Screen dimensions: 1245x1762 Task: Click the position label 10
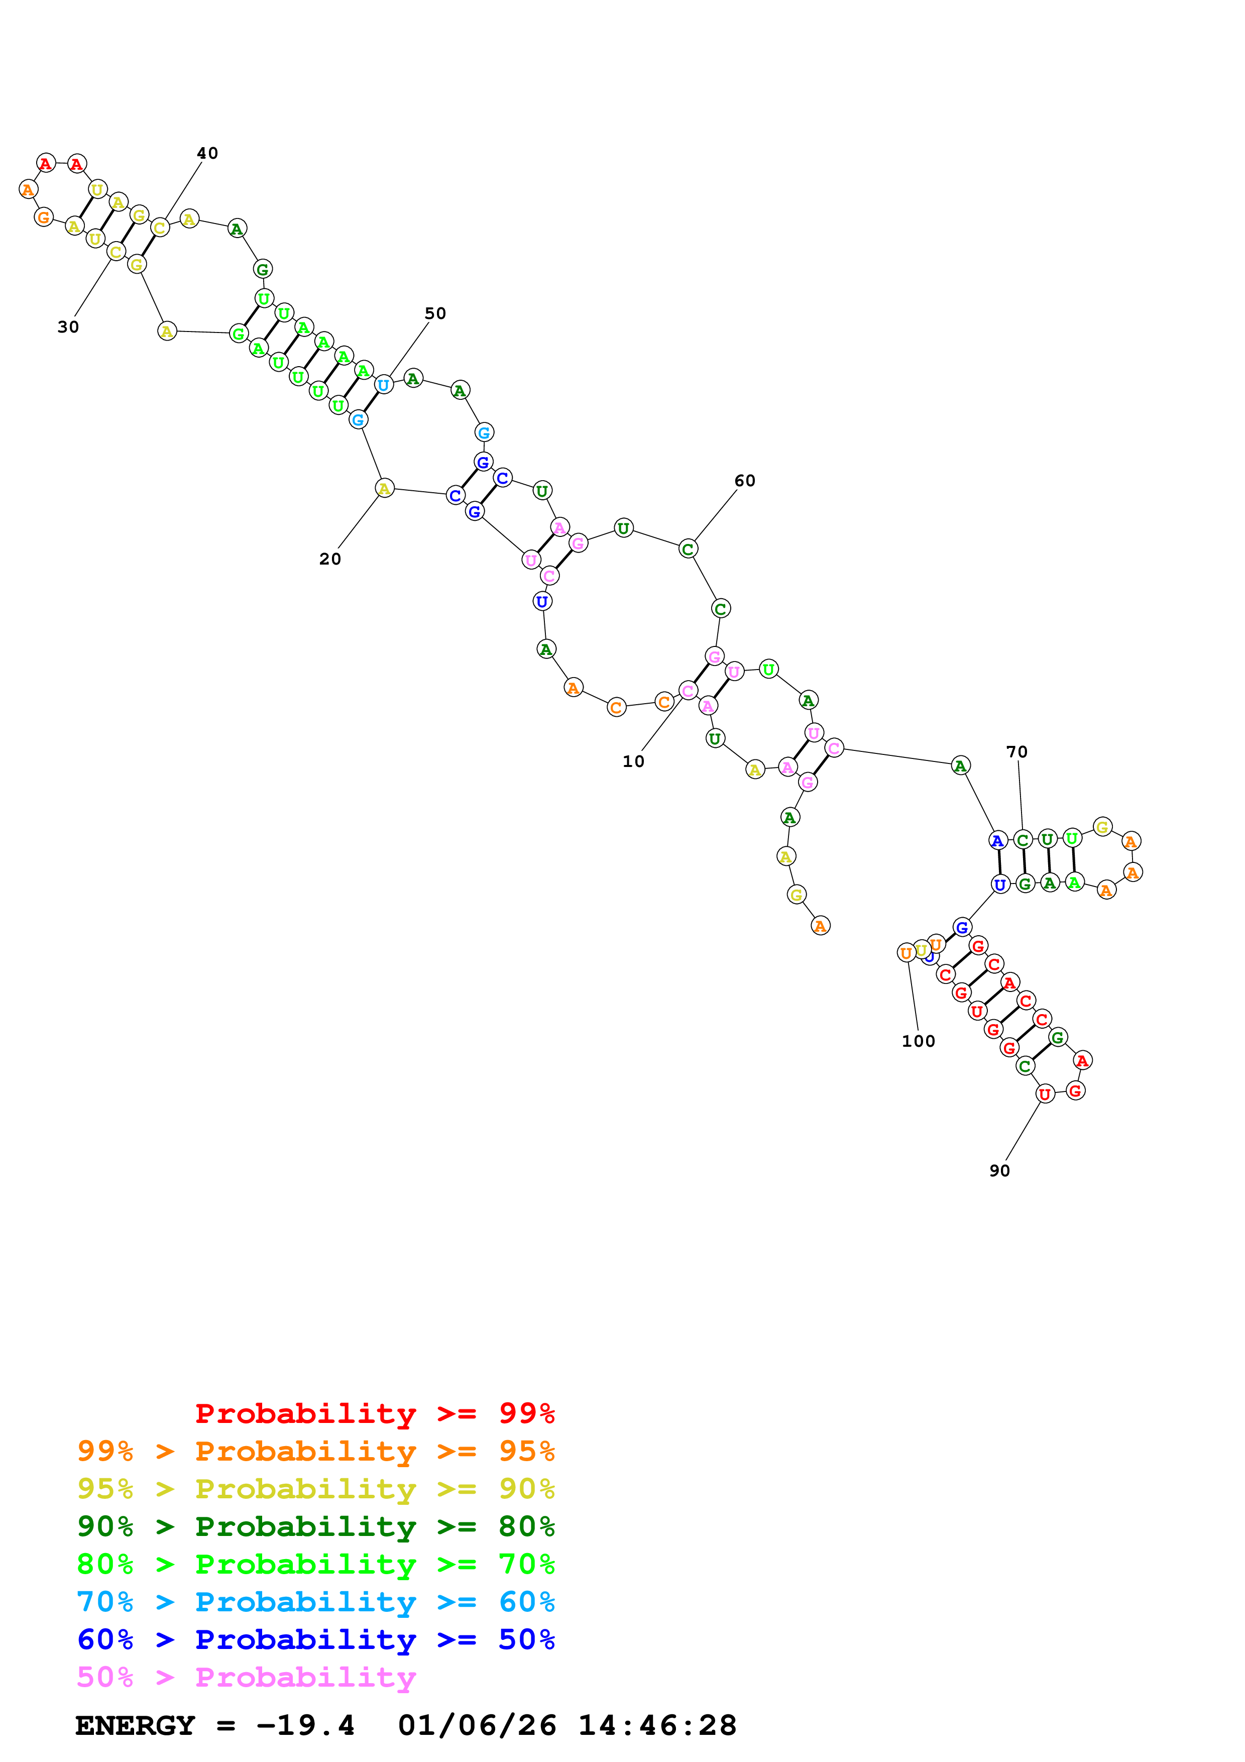(633, 761)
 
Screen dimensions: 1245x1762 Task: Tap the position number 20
(330, 559)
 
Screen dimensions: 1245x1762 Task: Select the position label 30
(68, 327)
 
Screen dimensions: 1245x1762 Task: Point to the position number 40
(207, 154)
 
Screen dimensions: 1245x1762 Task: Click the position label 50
(435, 313)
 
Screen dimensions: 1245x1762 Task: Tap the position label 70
(1016, 752)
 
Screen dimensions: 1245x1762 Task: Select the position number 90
(999, 1170)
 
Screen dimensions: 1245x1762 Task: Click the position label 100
(918, 1041)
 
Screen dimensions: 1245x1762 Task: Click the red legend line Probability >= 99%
(374, 1413)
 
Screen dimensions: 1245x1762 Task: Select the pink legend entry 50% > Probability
(246, 1678)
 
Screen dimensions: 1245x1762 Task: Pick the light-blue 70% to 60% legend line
(315, 1602)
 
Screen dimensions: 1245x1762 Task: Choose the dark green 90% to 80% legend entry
(315, 1526)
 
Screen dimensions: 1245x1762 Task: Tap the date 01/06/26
(477, 1726)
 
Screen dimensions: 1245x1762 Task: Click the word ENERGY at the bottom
(135, 1726)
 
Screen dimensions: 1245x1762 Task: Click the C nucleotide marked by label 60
(688, 548)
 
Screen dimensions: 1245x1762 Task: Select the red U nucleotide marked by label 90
(1044, 1094)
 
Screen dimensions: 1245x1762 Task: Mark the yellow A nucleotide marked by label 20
(384, 488)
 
